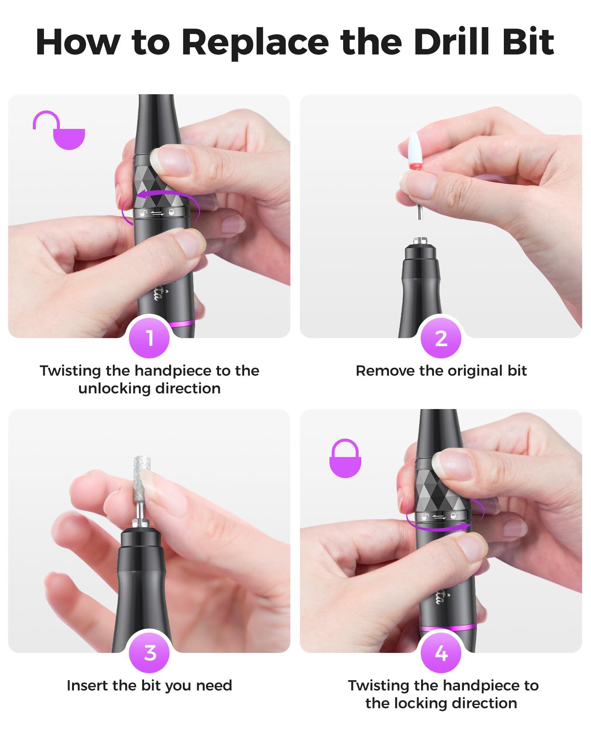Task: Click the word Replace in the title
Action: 255,42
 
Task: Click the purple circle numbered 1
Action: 149,338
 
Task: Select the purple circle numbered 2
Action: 441,338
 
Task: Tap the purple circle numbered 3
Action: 149,653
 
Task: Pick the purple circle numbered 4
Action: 441,653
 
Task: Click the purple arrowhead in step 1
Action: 139,195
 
